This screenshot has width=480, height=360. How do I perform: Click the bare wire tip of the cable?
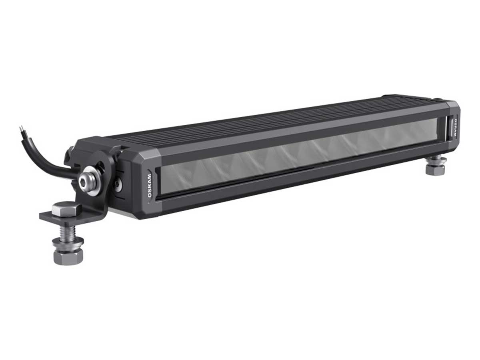coord(21,129)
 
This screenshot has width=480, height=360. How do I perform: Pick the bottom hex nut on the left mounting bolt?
coord(68,256)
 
